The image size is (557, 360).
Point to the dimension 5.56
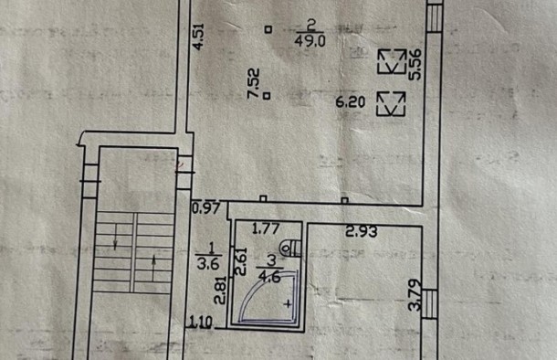(415, 64)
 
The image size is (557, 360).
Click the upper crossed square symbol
(394, 61)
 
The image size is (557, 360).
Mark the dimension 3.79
(415, 297)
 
